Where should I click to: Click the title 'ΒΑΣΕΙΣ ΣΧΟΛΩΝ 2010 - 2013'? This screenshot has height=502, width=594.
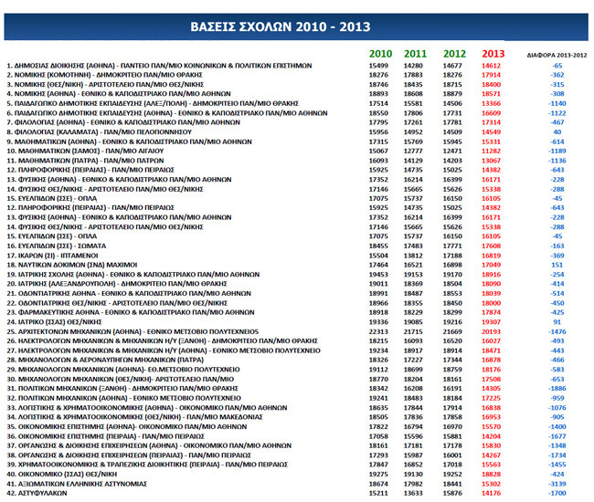point(296,26)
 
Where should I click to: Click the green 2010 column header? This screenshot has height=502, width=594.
point(381,55)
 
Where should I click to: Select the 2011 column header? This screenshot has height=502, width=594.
point(415,55)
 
